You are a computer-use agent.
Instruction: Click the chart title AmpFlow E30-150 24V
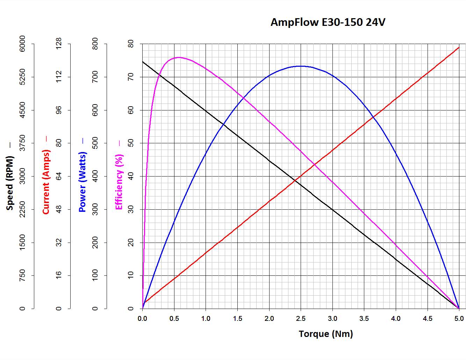point(328,22)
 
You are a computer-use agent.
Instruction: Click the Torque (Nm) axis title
point(326,334)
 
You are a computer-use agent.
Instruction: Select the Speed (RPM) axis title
point(10,183)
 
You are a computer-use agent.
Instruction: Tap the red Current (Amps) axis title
point(46,182)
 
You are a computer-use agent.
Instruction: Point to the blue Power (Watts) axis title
point(83,182)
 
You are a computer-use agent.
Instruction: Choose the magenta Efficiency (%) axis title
point(119,182)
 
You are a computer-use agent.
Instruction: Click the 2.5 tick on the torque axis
point(301,318)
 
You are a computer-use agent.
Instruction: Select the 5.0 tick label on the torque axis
point(459,318)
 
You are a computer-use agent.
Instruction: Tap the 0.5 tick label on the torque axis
point(174,318)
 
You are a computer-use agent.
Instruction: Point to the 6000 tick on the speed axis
point(22,44)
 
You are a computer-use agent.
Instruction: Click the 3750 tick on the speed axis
point(22,143)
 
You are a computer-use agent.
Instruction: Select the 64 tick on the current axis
point(59,176)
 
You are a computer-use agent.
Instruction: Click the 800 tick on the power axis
point(95,44)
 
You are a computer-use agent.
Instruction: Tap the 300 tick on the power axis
point(95,209)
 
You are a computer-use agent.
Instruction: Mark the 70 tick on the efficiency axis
point(131,77)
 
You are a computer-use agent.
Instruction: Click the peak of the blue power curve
point(301,66)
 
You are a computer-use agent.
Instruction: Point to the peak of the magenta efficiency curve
point(179,57)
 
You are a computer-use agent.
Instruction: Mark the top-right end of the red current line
point(459,47)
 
